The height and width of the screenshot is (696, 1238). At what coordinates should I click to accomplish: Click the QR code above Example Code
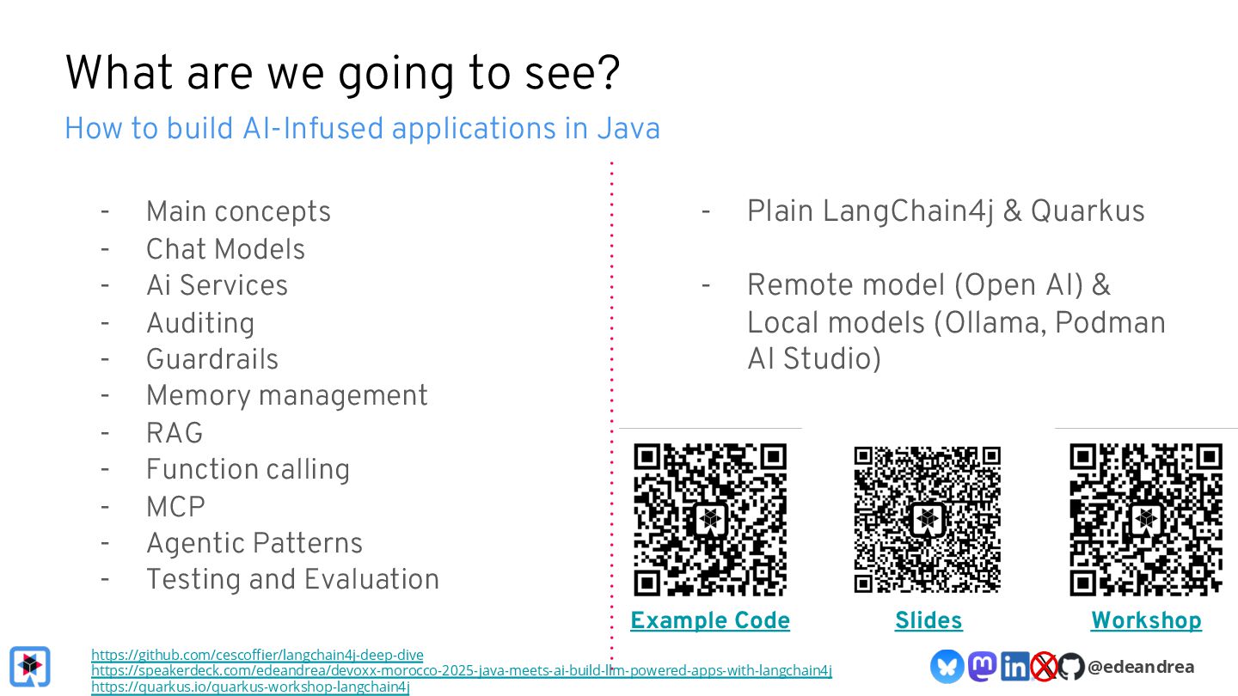coord(710,519)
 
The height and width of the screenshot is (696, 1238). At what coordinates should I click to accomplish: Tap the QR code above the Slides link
coord(928,519)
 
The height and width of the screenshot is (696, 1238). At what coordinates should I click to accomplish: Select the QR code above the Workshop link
coord(1146,519)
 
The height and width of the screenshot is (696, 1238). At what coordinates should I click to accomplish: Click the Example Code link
coord(710,620)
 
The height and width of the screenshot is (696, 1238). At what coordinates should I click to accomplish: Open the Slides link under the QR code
coord(929,620)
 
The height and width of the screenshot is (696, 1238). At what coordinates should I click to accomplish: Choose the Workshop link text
coord(1146,620)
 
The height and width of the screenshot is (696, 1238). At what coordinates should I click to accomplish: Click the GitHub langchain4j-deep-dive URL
coord(257,655)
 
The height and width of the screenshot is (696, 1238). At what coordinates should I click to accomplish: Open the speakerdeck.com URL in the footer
coord(462,670)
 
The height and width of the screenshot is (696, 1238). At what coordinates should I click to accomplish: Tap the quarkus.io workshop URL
coord(250,687)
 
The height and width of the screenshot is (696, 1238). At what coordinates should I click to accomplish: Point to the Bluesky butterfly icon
coord(947,666)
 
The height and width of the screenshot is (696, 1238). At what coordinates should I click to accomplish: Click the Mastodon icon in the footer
coord(983,666)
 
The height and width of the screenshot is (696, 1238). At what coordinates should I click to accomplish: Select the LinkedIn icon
coord(1014,666)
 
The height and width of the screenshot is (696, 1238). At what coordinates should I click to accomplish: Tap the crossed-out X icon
coord(1044,666)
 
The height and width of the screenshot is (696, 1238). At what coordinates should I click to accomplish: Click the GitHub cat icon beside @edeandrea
coord(1070,666)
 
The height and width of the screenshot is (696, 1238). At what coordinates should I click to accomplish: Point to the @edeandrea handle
coord(1141,666)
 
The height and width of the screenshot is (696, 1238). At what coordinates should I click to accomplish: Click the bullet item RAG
coord(175,433)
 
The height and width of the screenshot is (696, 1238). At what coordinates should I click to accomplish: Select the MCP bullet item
coord(175,507)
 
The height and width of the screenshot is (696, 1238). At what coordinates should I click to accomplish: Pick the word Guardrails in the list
coord(212,359)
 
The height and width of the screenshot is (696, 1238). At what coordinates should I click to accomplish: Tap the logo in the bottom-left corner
coord(30,666)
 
